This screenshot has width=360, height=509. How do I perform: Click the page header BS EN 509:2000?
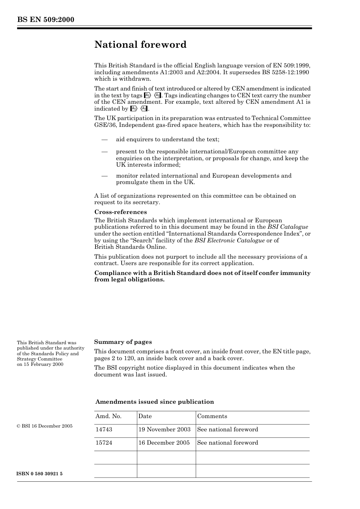tap(45, 20)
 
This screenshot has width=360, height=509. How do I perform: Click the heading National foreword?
tap(141, 45)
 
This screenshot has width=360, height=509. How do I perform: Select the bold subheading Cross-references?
tap(121, 212)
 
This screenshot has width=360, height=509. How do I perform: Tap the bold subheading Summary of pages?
tap(123, 342)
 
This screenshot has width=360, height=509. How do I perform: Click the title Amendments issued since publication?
tap(155, 402)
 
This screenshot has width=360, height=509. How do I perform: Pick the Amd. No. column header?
tap(108, 416)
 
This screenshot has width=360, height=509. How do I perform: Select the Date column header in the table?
tap(145, 416)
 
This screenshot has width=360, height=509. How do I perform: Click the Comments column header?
tap(212, 416)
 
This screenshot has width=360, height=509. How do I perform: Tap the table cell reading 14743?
tap(104, 429)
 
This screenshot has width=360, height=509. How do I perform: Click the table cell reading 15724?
tap(104, 443)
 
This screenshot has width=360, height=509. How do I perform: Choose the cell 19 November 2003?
tap(164, 429)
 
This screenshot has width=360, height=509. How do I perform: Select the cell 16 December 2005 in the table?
tap(164, 443)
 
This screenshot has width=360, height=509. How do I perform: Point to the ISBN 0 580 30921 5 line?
tap(40, 474)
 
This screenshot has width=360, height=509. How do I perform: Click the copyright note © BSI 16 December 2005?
tap(45, 426)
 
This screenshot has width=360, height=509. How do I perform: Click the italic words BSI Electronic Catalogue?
tap(230, 240)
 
